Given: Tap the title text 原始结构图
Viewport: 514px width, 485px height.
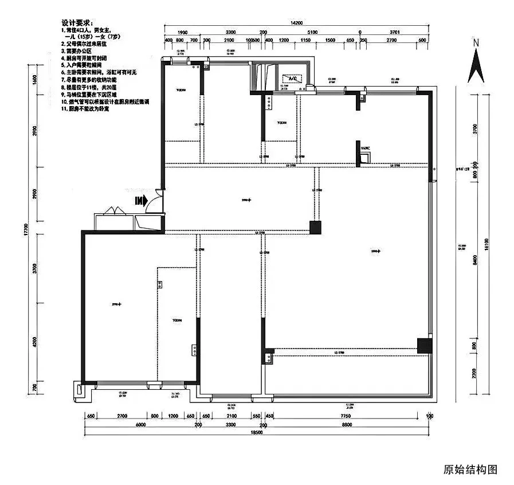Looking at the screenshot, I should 470,469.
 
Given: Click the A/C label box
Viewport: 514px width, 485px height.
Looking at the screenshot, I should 292,77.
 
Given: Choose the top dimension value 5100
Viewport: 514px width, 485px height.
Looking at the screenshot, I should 312,33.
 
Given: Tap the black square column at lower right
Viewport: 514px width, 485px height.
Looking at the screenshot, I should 424,345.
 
